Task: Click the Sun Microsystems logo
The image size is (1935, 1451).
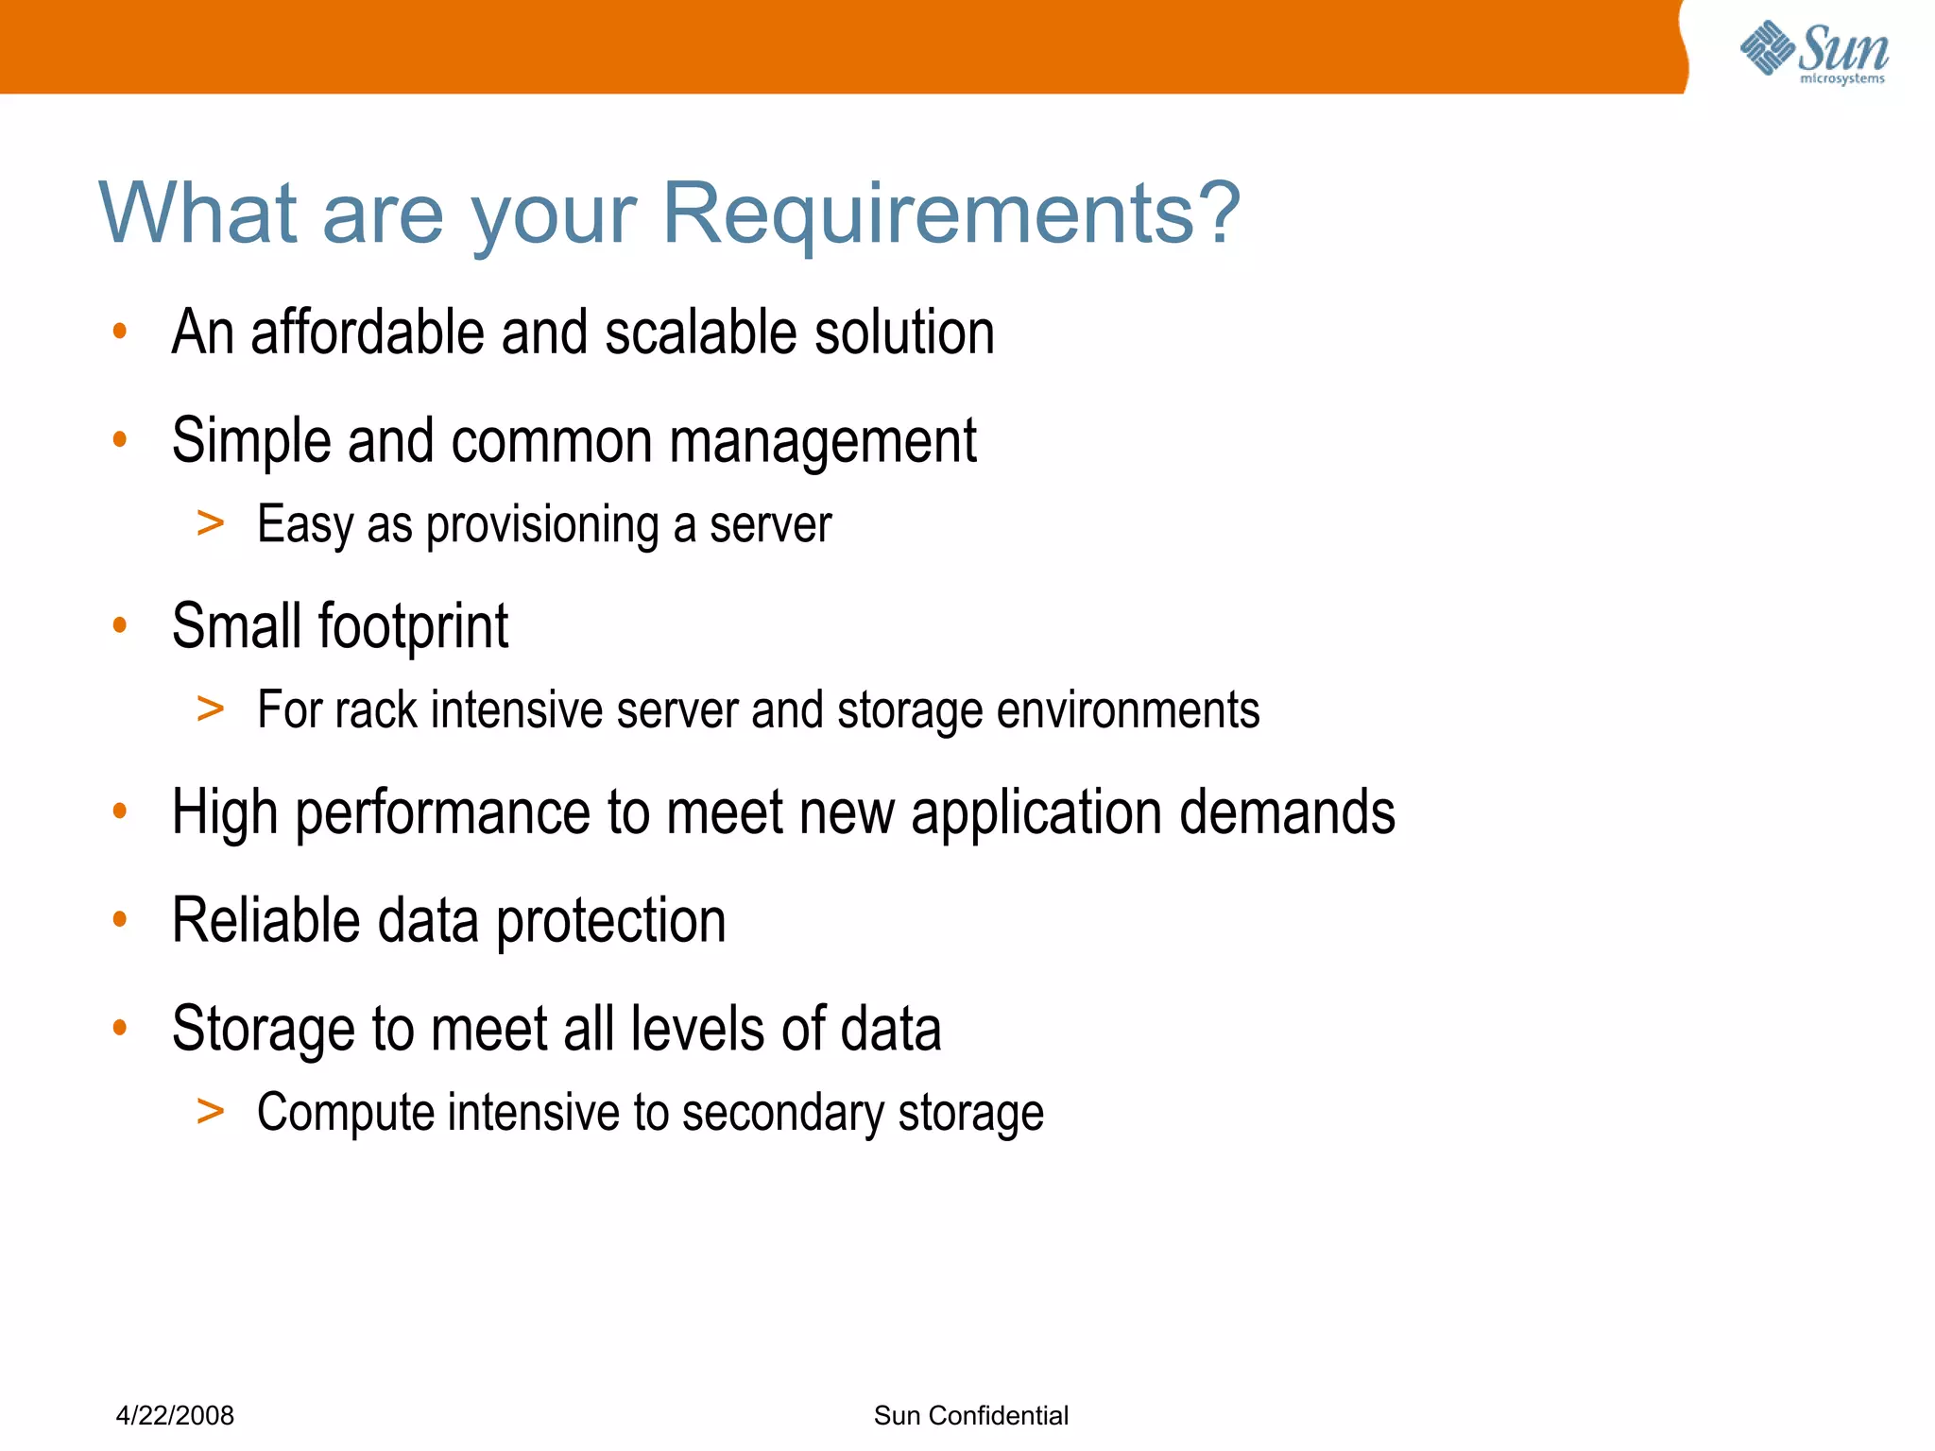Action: (1814, 52)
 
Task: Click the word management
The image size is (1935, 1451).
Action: (823, 441)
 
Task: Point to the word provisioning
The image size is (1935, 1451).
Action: (542, 525)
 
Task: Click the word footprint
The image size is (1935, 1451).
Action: (413, 626)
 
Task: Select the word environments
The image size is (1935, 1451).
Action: (1128, 709)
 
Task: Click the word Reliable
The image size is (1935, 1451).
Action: (266, 920)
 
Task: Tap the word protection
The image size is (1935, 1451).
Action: (610, 920)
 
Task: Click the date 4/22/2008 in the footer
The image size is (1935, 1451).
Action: (175, 1415)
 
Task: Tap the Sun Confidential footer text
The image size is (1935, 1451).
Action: (971, 1415)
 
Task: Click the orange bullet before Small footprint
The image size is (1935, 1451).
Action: (119, 624)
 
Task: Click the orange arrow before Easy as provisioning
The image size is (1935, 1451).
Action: (210, 522)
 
